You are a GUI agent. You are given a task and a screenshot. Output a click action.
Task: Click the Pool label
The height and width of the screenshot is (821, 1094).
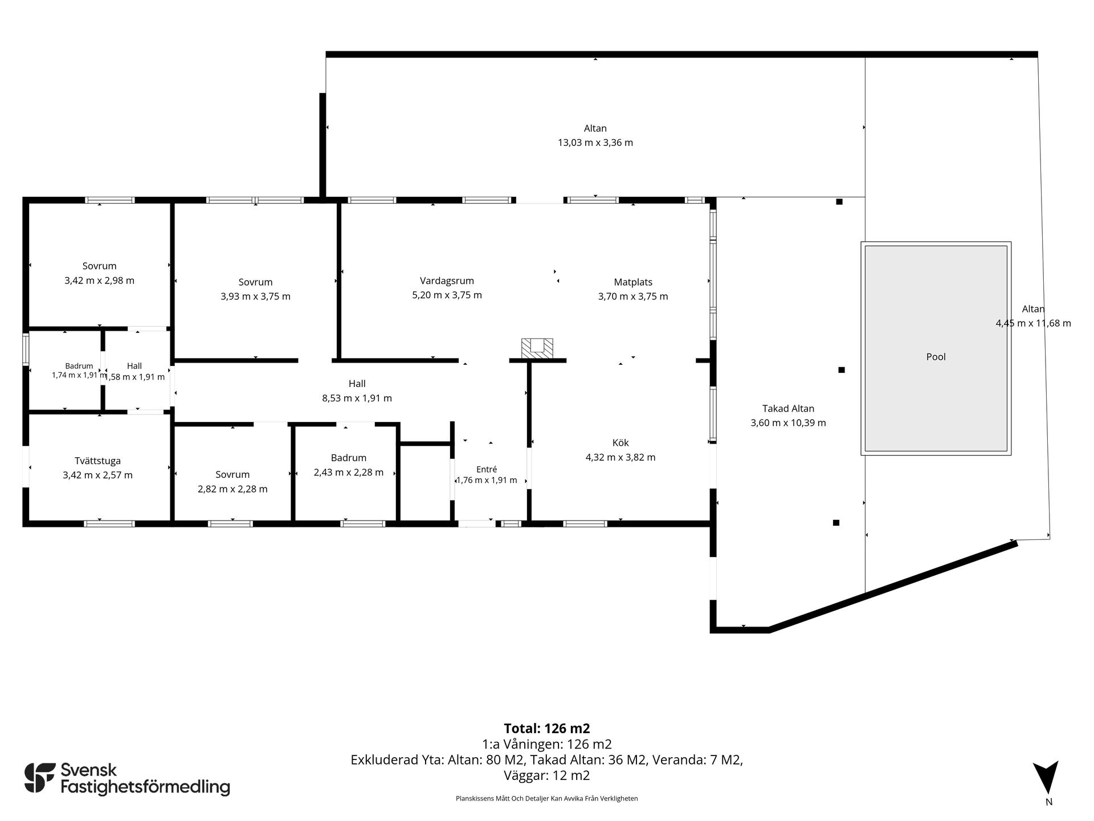[936, 357]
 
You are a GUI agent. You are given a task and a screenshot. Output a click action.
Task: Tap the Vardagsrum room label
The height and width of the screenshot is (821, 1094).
[447, 281]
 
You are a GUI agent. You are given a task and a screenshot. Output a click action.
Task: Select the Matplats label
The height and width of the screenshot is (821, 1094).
[633, 282]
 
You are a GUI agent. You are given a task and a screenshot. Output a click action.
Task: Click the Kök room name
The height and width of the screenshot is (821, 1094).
[621, 442]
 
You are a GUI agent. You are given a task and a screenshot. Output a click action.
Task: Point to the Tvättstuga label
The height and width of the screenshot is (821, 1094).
[97, 461]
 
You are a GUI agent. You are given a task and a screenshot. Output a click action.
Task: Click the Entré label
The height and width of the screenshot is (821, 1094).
[487, 469]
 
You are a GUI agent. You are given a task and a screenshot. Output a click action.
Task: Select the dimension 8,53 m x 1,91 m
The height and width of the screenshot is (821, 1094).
[357, 398]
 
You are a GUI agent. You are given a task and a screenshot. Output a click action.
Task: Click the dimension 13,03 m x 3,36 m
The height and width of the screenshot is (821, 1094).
[595, 143]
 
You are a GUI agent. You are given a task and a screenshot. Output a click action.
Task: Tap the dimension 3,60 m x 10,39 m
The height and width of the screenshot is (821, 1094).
[788, 423]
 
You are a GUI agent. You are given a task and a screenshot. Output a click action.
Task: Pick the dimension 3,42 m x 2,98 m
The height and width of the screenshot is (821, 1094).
[100, 281]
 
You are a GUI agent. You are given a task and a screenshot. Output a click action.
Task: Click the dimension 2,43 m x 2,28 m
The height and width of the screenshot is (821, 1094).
[349, 472]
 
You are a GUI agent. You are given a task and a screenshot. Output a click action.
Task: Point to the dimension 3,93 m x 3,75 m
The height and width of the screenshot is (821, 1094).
[255, 296]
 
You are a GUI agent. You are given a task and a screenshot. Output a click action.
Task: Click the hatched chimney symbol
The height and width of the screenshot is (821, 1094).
[537, 349]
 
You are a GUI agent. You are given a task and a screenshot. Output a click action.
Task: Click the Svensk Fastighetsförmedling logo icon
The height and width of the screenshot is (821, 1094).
[40, 778]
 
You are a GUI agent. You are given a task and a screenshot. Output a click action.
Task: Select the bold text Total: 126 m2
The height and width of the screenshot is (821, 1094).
[547, 728]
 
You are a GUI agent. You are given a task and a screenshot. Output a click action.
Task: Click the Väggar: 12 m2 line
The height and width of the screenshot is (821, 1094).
[547, 775]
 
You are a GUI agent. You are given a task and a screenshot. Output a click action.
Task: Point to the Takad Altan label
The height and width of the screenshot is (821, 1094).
[788, 408]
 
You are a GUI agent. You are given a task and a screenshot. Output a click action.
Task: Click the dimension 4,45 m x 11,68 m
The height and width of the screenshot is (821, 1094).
[1033, 323]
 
